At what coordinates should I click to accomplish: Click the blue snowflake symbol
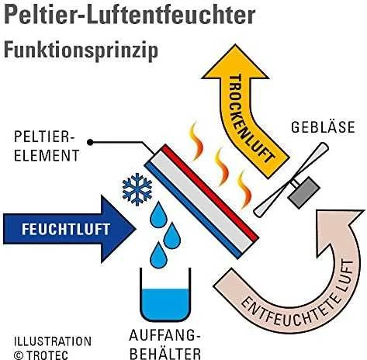[137, 189]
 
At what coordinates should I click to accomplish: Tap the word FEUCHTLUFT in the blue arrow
[66, 230]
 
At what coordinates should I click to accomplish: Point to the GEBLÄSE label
[323, 127]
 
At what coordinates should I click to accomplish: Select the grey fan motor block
[304, 192]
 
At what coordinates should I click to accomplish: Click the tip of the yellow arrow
[235, 45]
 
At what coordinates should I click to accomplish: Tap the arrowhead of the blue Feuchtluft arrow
[119, 229]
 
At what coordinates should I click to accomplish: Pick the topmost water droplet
[158, 215]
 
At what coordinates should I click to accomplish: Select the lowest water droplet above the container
[158, 255]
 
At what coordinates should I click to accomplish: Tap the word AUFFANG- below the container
[164, 335]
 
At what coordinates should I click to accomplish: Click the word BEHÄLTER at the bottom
[165, 354]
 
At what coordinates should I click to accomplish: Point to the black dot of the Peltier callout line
[90, 142]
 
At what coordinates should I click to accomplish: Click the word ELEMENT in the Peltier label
[47, 156]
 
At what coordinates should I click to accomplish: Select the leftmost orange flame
[196, 141]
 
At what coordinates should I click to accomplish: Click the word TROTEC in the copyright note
[47, 355]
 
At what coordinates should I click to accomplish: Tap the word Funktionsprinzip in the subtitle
[81, 50]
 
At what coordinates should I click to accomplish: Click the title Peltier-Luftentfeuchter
[130, 15]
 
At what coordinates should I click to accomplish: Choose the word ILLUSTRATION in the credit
[53, 341]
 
